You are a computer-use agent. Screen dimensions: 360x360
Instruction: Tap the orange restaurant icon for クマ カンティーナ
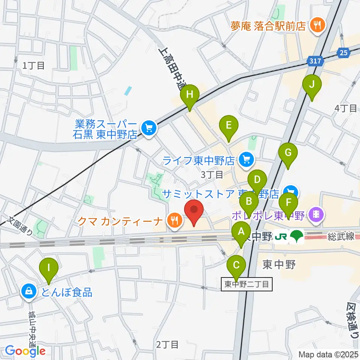click(175, 220)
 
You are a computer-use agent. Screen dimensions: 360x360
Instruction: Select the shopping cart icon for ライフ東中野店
click(246, 160)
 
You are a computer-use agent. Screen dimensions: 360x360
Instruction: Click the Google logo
click(25, 351)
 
